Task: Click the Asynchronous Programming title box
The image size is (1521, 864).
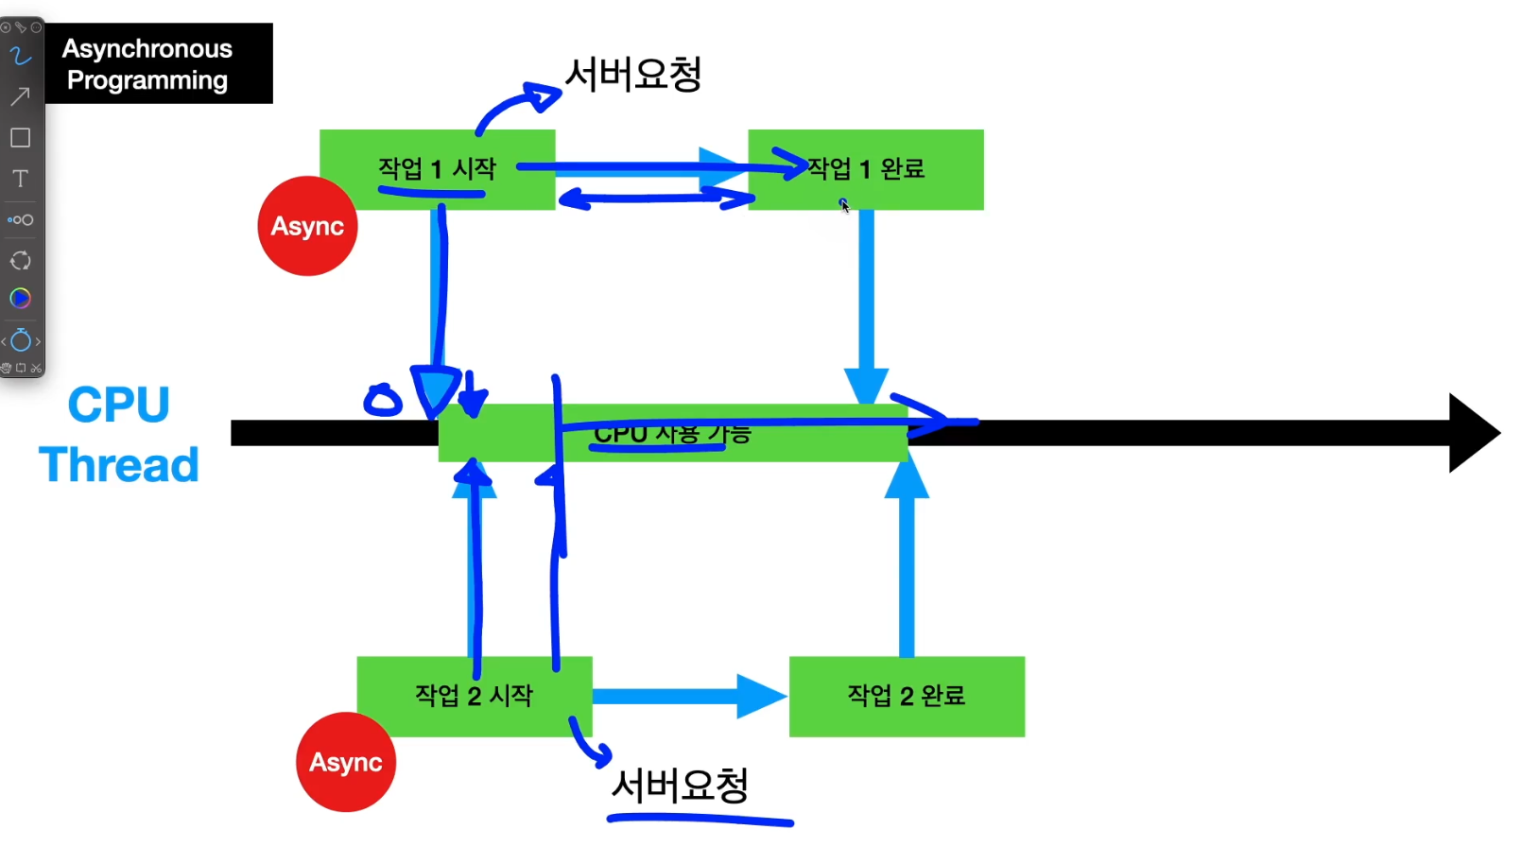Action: pos(158,63)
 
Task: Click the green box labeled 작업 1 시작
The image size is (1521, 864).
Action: pos(437,169)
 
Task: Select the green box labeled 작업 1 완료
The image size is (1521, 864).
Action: pos(865,169)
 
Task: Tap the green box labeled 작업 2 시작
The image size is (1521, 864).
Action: pos(474,696)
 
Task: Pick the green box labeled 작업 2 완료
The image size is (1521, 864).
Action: pos(906,696)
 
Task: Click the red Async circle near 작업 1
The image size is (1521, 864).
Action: pos(307,226)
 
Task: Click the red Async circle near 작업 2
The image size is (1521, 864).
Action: pos(345,762)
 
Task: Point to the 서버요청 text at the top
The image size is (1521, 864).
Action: pos(632,74)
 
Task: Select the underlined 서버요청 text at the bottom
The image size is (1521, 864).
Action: pos(680,786)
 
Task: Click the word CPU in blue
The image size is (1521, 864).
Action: pos(118,405)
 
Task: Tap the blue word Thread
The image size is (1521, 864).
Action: pos(118,465)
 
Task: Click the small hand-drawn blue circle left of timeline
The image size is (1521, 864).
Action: pos(383,401)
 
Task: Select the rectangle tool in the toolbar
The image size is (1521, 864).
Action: pos(20,138)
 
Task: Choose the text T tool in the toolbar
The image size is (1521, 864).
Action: pos(20,179)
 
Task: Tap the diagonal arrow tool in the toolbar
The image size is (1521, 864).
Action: pos(20,96)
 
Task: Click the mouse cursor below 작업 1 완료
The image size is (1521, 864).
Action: pos(844,205)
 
